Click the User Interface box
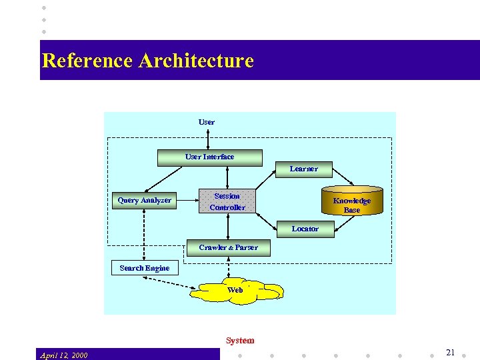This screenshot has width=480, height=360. (209, 157)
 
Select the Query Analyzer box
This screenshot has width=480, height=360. (144, 200)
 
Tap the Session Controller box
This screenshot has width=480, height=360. (227, 201)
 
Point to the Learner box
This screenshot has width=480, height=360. (303, 169)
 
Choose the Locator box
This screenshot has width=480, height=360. (305, 229)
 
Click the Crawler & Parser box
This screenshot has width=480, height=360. (228, 247)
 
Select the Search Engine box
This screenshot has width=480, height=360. (144, 268)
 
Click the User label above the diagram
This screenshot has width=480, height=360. (207, 122)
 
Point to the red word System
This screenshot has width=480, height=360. (239, 341)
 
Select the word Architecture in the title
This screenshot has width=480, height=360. (196, 61)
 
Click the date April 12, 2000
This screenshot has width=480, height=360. (63, 355)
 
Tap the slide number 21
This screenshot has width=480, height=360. (450, 353)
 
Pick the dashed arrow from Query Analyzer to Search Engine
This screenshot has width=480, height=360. (144, 234)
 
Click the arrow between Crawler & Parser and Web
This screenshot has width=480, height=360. (228, 267)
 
